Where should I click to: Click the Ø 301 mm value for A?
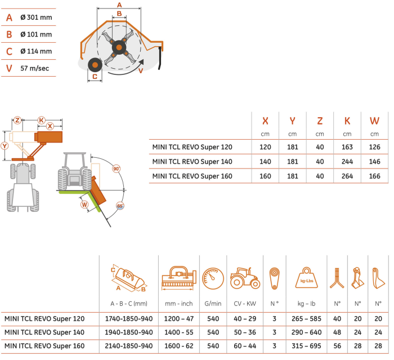[x=36, y=17]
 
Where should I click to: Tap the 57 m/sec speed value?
[x=35, y=68]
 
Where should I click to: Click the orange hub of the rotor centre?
[x=119, y=47]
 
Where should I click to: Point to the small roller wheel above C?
[x=95, y=65]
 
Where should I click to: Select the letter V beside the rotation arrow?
[x=141, y=70]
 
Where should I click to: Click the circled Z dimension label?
[x=17, y=120]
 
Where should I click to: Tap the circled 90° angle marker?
[x=116, y=168]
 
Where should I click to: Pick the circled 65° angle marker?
[x=120, y=206]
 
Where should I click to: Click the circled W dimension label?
[x=84, y=205]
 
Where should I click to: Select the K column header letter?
[x=347, y=121]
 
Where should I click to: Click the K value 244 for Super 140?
[x=347, y=162]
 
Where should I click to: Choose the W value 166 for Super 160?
[x=375, y=176]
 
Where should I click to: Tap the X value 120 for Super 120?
[x=265, y=147]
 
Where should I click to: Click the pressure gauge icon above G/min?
[x=213, y=279]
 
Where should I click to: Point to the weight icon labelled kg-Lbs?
[x=307, y=278]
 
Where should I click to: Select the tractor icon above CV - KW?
[x=245, y=278]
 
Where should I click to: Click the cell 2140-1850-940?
[x=129, y=346]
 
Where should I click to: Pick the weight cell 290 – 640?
[x=307, y=332]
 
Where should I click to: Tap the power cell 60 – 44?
[x=245, y=346]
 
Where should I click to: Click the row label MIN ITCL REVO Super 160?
[x=44, y=346]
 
